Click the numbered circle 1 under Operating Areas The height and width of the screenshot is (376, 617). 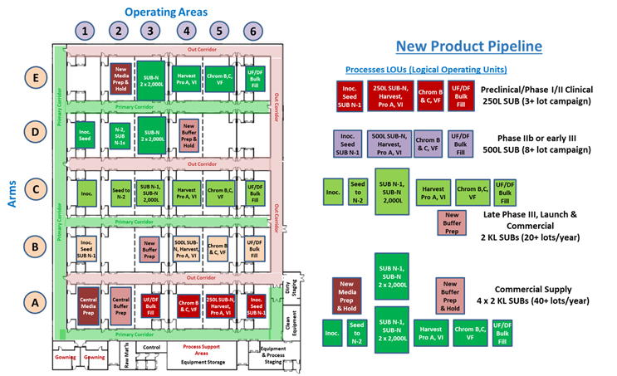[86, 31]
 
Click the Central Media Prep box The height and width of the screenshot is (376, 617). [87, 304]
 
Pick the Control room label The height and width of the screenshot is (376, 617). [150, 347]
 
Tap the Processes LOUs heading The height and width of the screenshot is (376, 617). [425, 69]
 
